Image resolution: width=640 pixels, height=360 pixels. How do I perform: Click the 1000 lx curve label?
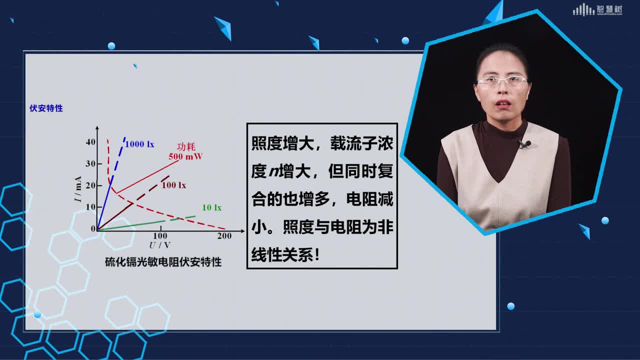(139, 144)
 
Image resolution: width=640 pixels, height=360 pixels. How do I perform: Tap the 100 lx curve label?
(173, 185)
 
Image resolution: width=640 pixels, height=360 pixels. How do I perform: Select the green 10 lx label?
(211, 207)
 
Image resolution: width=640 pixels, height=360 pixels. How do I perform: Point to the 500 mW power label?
(185, 156)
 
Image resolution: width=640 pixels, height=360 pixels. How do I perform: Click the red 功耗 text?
(186, 146)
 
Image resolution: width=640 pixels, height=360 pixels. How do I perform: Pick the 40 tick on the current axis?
(90, 142)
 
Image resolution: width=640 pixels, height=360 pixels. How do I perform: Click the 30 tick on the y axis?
(90, 163)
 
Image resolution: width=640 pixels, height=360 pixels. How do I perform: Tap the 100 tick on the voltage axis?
(160, 236)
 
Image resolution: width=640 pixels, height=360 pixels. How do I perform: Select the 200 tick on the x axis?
(224, 236)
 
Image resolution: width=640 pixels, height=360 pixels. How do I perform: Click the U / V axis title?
(159, 245)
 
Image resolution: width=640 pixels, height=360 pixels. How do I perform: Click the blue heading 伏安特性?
(46, 108)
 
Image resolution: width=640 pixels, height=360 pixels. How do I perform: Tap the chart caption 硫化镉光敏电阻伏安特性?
(163, 262)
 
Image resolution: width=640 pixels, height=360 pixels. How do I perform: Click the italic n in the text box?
(273, 172)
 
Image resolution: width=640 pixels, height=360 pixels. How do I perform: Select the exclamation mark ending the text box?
(316, 254)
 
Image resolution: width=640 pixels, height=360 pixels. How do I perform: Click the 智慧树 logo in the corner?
(597, 10)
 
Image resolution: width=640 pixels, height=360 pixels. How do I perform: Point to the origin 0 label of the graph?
(93, 228)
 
